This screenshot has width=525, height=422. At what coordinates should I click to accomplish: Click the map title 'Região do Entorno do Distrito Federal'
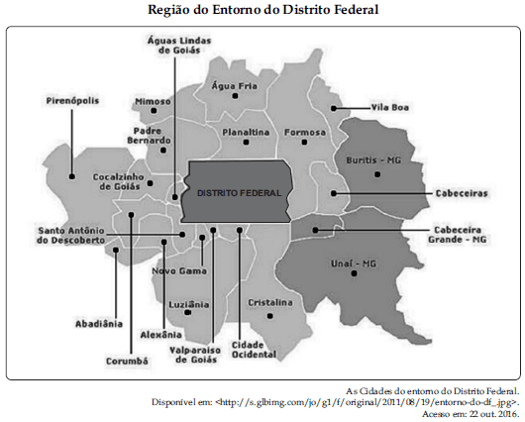coord(262,10)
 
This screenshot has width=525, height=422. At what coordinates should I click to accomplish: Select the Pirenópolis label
coord(75,100)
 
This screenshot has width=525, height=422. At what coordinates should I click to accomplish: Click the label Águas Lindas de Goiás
coord(174,44)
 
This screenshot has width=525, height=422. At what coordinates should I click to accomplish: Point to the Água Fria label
coord(234,85)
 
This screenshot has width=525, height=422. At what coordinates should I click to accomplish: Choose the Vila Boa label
coord(390,107)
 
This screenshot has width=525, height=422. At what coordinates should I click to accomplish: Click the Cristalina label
coord(269,301)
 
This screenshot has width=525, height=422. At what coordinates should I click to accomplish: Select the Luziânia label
coord(188,301)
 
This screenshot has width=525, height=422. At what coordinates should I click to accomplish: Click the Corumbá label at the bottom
coord(126,362)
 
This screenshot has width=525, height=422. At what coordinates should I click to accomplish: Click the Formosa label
coord(304,132)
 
